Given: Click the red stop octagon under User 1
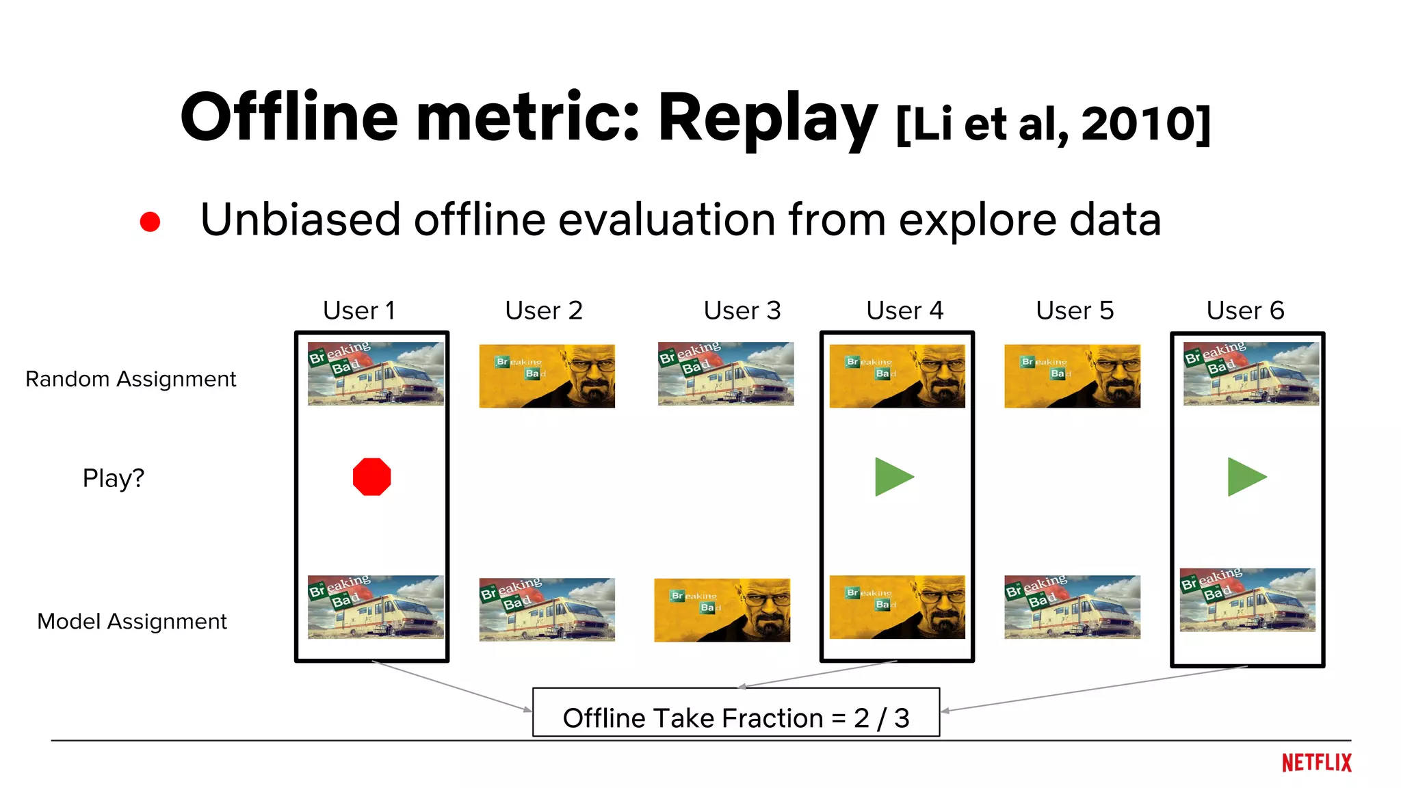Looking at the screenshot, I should pos(371,477).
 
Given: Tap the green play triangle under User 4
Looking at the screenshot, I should pos(892,477).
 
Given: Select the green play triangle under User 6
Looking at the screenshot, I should pos(1245,477).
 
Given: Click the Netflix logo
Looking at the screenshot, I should pos(1316,763).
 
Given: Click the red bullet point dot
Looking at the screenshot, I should pos(150,222).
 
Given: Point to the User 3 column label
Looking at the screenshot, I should pos(742,311).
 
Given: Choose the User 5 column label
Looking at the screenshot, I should pos(1075,311).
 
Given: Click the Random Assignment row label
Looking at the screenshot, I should pos(131,379).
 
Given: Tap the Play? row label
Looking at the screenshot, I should pos(114,478).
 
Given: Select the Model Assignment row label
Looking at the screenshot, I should pos(132,621).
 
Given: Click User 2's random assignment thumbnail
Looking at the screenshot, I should pos(547,376).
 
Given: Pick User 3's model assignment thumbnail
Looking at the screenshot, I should pos(722,610).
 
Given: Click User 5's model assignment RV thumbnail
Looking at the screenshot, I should pos(1072,607).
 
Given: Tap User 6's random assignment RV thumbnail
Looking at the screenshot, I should pos(1251,373).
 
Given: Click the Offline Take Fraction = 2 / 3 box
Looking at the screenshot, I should pos(736,713).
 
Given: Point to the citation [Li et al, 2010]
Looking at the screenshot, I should pos(1053,124).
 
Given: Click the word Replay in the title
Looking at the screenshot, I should pos(767,118).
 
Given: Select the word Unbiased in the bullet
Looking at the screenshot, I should pos(300,220).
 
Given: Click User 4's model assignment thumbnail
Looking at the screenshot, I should pos(897,607).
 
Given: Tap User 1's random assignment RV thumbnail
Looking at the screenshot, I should pos(376,373).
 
